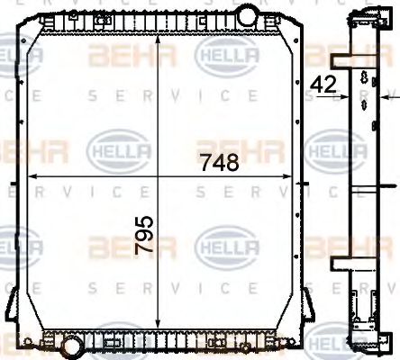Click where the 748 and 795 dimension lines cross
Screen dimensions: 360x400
pyautogui.click(x=159, y=176)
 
